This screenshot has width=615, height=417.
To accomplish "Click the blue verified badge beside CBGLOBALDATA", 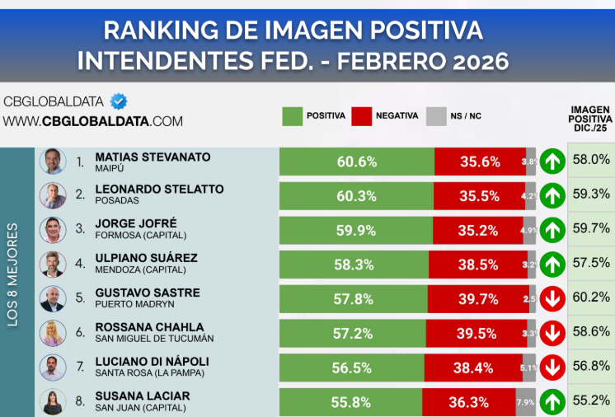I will click(x=119, y=101).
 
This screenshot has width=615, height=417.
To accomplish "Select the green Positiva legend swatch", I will click(x=292, y=116).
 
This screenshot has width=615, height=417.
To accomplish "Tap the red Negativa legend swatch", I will click(x=361, y=116).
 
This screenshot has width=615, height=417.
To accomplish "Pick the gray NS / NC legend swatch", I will click(x=435, y=116).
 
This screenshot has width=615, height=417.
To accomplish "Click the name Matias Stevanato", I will click(x=153, y=157).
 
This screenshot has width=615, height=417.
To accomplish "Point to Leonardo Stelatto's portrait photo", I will click(x=53, y=195).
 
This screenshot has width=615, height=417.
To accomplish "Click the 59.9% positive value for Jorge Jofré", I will click(x=356, y=231).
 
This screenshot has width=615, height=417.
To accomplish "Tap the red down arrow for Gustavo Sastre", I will click(x=553, y=298).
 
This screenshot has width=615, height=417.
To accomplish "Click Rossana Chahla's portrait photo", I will click(x=53, y=333).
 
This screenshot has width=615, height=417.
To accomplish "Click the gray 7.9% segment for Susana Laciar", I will click(x=525, y=403).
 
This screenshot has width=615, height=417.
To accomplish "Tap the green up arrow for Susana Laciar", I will click(x=553, y=402).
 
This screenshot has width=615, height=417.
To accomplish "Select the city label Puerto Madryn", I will click(x=129, y=304).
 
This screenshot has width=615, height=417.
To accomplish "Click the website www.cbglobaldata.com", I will click(x=92, y=121).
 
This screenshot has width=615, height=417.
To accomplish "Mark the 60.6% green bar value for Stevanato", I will click(x=356, y=162).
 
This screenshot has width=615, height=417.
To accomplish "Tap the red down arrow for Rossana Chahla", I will click(x=553, y=333).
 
